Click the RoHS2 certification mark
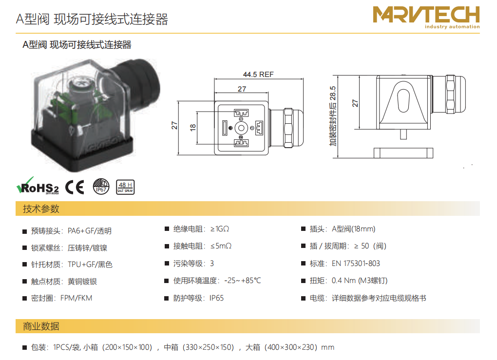[38, 186]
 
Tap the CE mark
[75, 187]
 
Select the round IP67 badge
[101, 187]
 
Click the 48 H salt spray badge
[125, 187]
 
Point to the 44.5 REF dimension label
[258, 75]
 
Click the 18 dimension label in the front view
[193, 128]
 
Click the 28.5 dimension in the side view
[332, 93]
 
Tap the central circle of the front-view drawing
[241, 128]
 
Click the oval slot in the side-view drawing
[403, 101]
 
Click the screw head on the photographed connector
[78, 84]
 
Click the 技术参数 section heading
[41, 209]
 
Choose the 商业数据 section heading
[41, 326]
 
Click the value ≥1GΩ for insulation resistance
[220, 229]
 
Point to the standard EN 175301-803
[356, 264]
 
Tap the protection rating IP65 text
[216, 298]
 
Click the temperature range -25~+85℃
[243, 281]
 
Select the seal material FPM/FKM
[76, 298]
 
